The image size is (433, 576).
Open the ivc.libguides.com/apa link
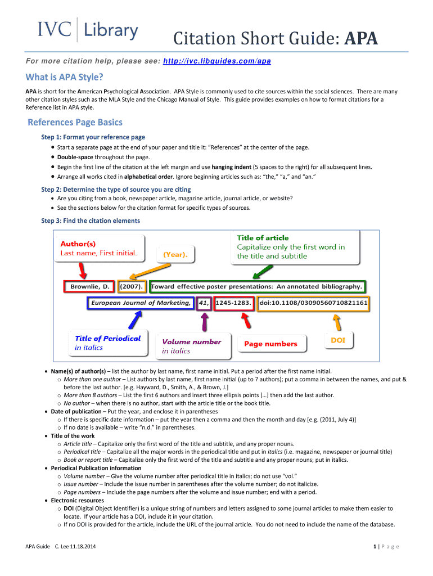(216, 60)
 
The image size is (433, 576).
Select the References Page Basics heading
(75, 122)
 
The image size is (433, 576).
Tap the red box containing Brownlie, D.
(89, 287)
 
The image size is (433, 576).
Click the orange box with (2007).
(132, 287)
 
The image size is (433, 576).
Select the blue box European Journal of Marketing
(141, 303)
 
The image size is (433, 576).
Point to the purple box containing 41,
(204, 303)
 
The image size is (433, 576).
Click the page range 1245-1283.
(233, 303)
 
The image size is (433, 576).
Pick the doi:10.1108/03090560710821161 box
(313, 303)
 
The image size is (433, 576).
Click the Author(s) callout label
(78, 244)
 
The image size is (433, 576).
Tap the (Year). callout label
(175, 254)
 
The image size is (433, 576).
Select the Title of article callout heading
(263, 238)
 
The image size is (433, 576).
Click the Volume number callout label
(191, 341)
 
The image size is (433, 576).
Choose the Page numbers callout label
(270, 344)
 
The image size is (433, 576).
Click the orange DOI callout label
(337, 340)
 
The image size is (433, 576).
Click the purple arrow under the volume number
(205, 322)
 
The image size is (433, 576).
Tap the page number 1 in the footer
(375, 546)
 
